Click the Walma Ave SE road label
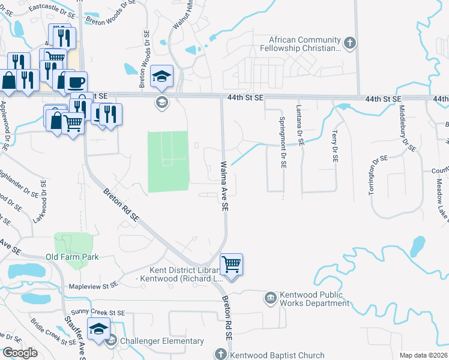coord(224,185)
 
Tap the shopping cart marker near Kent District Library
coord(231,264)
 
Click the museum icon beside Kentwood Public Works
coord(271,296)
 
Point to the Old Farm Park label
coord(72,257)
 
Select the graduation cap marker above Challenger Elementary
coord(99,329)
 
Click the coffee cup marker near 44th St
coord(76,82)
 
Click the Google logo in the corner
coord(20,353)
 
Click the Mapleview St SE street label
coord(92,287)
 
